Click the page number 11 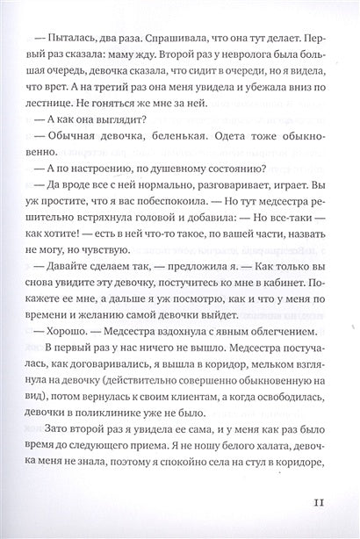point(318,504)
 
